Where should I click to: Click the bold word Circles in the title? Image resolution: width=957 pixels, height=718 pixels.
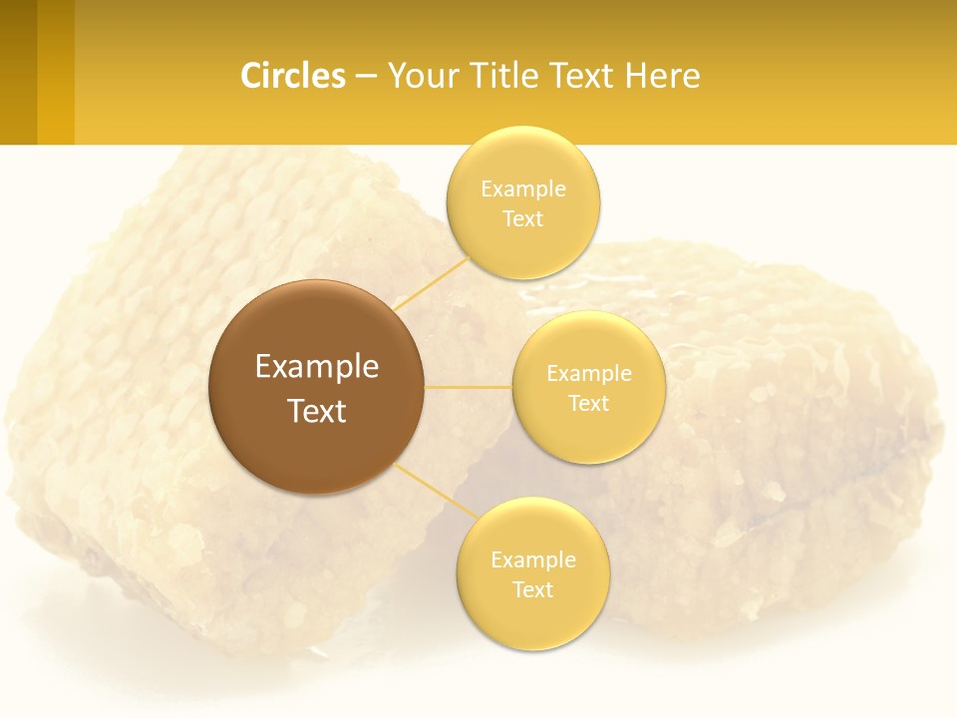(x=293, y=76)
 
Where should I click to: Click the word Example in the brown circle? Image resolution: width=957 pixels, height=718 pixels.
(x=317, y=367)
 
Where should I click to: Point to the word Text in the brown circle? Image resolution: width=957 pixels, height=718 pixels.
(x=317, y=411)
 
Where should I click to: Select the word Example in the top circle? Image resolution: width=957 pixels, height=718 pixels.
(x=523, y=189)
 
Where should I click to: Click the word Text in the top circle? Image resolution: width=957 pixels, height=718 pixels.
(x=522, y=218)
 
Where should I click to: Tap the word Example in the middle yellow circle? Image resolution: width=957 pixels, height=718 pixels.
(x=589, y=374)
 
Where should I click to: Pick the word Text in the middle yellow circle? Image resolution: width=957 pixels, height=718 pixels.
(x=588, y=403)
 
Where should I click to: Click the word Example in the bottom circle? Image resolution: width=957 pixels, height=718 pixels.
(x=533, y=560)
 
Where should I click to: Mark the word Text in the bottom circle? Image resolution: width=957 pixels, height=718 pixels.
(x=532, y=589)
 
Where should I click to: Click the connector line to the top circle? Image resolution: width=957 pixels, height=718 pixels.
(x=431, y=282)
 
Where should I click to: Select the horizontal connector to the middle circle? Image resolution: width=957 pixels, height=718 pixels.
(x=468, y=386)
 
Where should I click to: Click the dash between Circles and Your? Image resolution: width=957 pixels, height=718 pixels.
(x=366, y=77)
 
